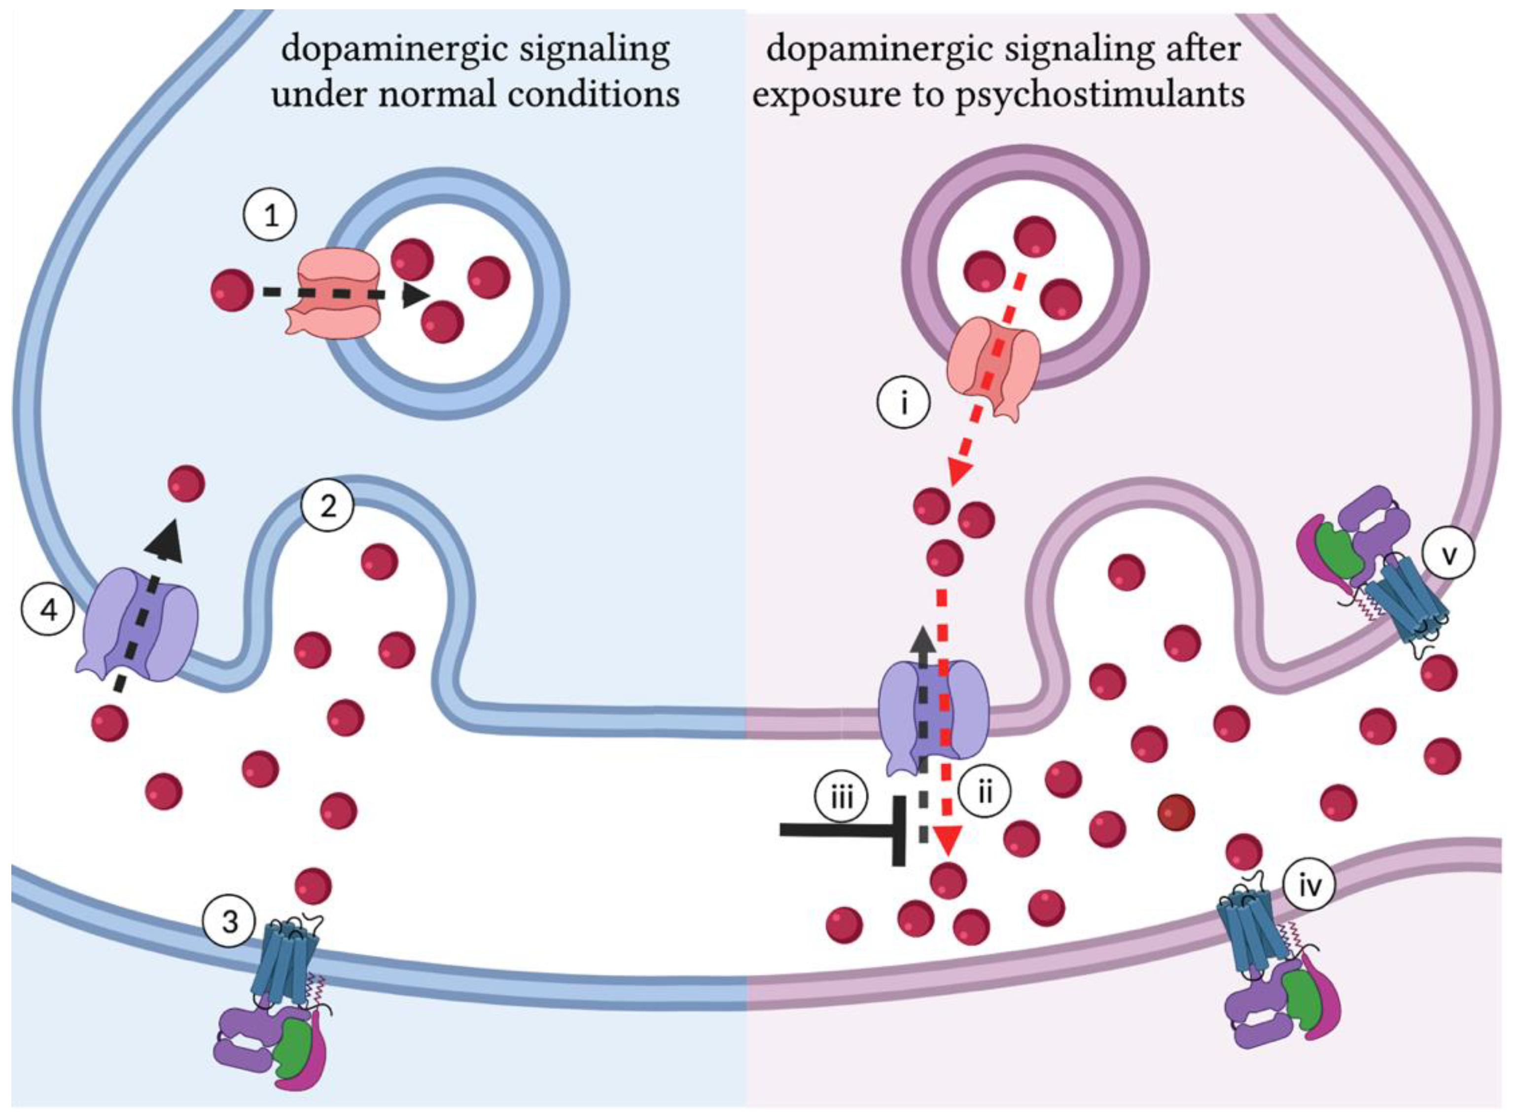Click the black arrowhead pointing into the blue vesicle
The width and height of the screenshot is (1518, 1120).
(x=415, y=296)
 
